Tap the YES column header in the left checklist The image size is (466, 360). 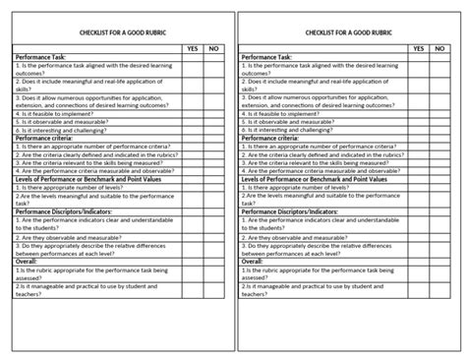193,48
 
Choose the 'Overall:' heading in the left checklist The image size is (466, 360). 29,261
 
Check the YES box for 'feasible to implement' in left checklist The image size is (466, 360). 193,112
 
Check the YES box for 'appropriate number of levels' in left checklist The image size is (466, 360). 193,187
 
